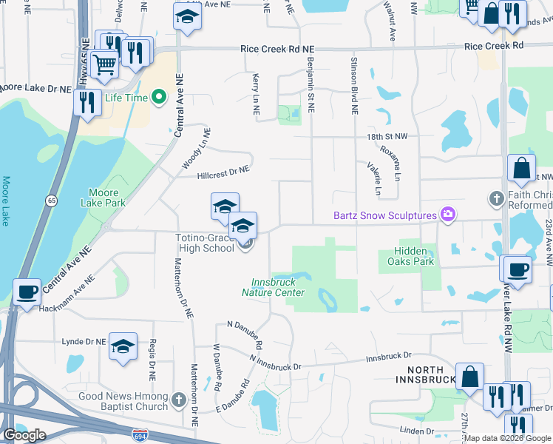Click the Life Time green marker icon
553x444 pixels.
point(158,97)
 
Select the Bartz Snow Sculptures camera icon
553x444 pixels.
point(447,215)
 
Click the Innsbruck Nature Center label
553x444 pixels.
point(277,287)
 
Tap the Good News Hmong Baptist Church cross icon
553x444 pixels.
point(178,401)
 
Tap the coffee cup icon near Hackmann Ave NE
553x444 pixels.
point(27,291)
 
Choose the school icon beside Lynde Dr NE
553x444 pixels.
point(123,346)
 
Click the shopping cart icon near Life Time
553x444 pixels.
point(104,65)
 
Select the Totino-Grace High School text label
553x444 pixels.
point(204,243)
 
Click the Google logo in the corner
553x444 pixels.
point(24,434)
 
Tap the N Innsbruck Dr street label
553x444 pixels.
point(276,363)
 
